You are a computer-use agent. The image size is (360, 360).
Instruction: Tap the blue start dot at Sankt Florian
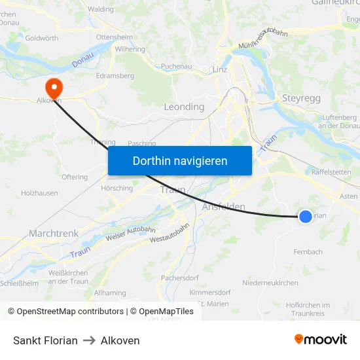305,215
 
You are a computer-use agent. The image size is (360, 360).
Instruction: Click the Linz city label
219,69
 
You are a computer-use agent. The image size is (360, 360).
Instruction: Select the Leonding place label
184,107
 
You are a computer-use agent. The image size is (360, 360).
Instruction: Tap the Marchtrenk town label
54,233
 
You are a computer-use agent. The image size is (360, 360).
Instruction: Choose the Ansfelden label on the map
224,207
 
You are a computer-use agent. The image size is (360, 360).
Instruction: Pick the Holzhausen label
39,193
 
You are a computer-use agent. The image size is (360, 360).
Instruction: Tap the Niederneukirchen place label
270,283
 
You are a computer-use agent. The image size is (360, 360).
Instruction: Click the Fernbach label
308,251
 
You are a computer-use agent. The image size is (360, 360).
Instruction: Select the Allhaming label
110,293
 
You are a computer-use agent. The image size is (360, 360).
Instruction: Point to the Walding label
101,9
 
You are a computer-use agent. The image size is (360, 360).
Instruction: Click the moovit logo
320,339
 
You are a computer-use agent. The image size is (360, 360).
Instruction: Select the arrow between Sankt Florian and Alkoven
89,340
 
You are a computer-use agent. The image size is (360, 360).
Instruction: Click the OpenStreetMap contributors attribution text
65,312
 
